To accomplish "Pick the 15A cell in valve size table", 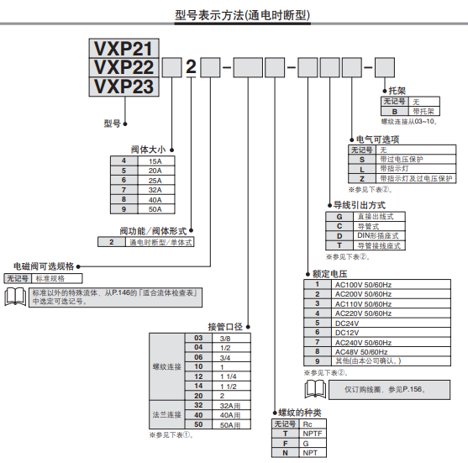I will click(x=155, y=160).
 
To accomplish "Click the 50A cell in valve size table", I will click(x=155, y=209).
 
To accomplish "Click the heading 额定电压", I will click(x=329, y=273).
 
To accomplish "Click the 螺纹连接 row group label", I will click(x=166, y=366).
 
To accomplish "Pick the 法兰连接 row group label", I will click(x=166, y=414).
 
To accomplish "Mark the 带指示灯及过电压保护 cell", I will click(x=415, y=178).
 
